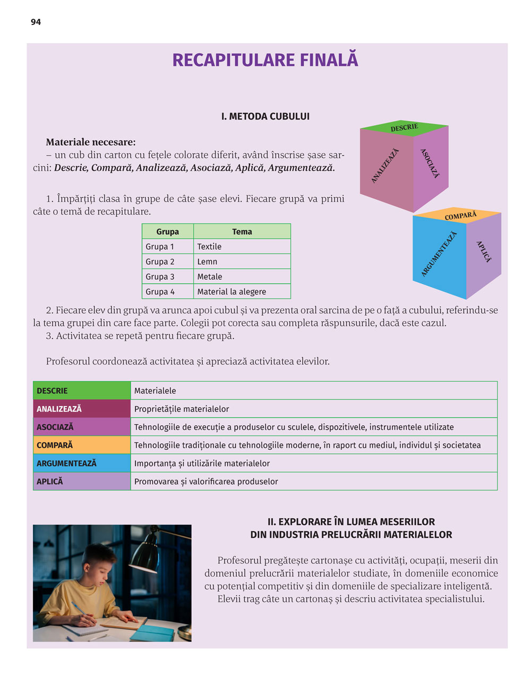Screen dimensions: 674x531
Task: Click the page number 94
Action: [36, 22]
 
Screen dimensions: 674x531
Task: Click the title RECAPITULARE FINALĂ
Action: [265, 60]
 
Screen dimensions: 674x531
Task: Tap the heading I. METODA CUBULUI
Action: [265, 116]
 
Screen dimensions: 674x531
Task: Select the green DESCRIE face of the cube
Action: [404, 128]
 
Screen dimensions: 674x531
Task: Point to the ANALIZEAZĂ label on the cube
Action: [385, 166]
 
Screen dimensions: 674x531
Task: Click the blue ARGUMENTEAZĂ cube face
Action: [439, 254]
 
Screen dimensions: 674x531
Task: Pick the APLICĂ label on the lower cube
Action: [484, 251]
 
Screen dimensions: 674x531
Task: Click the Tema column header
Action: [242, 232]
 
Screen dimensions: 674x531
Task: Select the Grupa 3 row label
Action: [160, 276]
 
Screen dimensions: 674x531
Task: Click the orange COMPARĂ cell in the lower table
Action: [82, 445]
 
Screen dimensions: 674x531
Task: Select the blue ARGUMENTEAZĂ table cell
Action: [82, 463]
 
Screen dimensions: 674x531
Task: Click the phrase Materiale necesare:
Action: [91, 142]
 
